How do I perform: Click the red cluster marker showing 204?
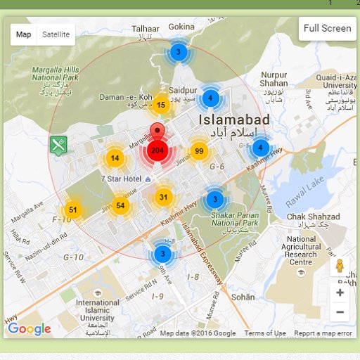click(x=157, y=150)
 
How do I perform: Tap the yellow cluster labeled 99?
click(x=199, y=151)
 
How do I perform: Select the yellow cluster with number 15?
click(x=161, y=105)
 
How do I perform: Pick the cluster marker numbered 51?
click(x=72, y=210)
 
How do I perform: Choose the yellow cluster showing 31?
click(x=163, y=197)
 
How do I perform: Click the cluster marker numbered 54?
click(x=121, y=205)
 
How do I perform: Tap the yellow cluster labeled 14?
click(x=115, y=158)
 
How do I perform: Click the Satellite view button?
click(x=56, y=34)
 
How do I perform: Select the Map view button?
click(x=24, y=34)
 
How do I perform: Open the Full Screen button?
click(x=327, y=29)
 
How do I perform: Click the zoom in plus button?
click(x=340, y=292)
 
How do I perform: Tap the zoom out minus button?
click(x=340, y=311)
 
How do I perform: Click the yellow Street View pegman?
click(x=340, y=267)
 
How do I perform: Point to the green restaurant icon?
click(x=58, y=146)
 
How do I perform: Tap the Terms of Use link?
click(x=265, y=333)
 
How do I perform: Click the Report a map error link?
click(x=323, y=333)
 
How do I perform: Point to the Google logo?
click(x=30, y=328)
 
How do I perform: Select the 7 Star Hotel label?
click(x=121, y=179)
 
